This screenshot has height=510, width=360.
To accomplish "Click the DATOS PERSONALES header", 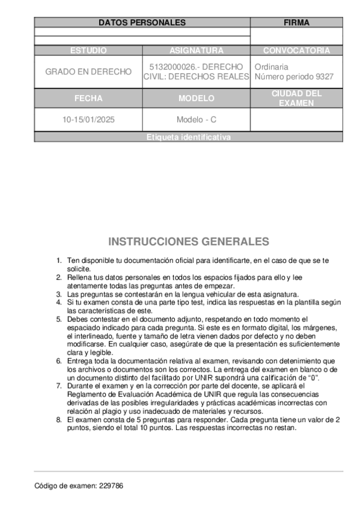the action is [x=142, y=23].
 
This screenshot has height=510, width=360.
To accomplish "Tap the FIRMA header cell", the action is [x=296, y=23].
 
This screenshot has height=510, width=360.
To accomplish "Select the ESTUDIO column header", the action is [x=88, y=51].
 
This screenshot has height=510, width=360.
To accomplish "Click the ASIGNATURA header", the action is [x=196, y=51].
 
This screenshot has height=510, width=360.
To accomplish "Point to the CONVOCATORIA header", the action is [x=296, y=51].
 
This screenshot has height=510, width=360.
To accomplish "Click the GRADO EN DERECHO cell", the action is [x=88, y=72].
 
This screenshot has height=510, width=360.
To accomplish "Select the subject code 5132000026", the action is [x=170, y=67].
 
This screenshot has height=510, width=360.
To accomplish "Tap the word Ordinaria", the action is [x=272, y=67].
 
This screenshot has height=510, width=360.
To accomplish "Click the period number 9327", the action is [x=324, y=77].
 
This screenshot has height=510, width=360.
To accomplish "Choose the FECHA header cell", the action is [x=88, y=98].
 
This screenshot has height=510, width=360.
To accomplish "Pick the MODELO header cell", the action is [x=196, y=98].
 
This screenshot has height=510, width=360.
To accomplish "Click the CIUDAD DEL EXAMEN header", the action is [x=296, y=98].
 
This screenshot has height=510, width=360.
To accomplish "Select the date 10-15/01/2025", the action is [x=88, y=120].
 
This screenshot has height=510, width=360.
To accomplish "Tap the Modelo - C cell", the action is [x=196, y=120].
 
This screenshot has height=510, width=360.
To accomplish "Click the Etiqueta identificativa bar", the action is [x=188, y=138].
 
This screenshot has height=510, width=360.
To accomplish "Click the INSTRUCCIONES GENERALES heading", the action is [x=188, y=242].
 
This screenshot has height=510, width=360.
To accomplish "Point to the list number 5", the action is [x=59, y=319].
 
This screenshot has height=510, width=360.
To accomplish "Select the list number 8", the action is [x=59, y=419].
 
